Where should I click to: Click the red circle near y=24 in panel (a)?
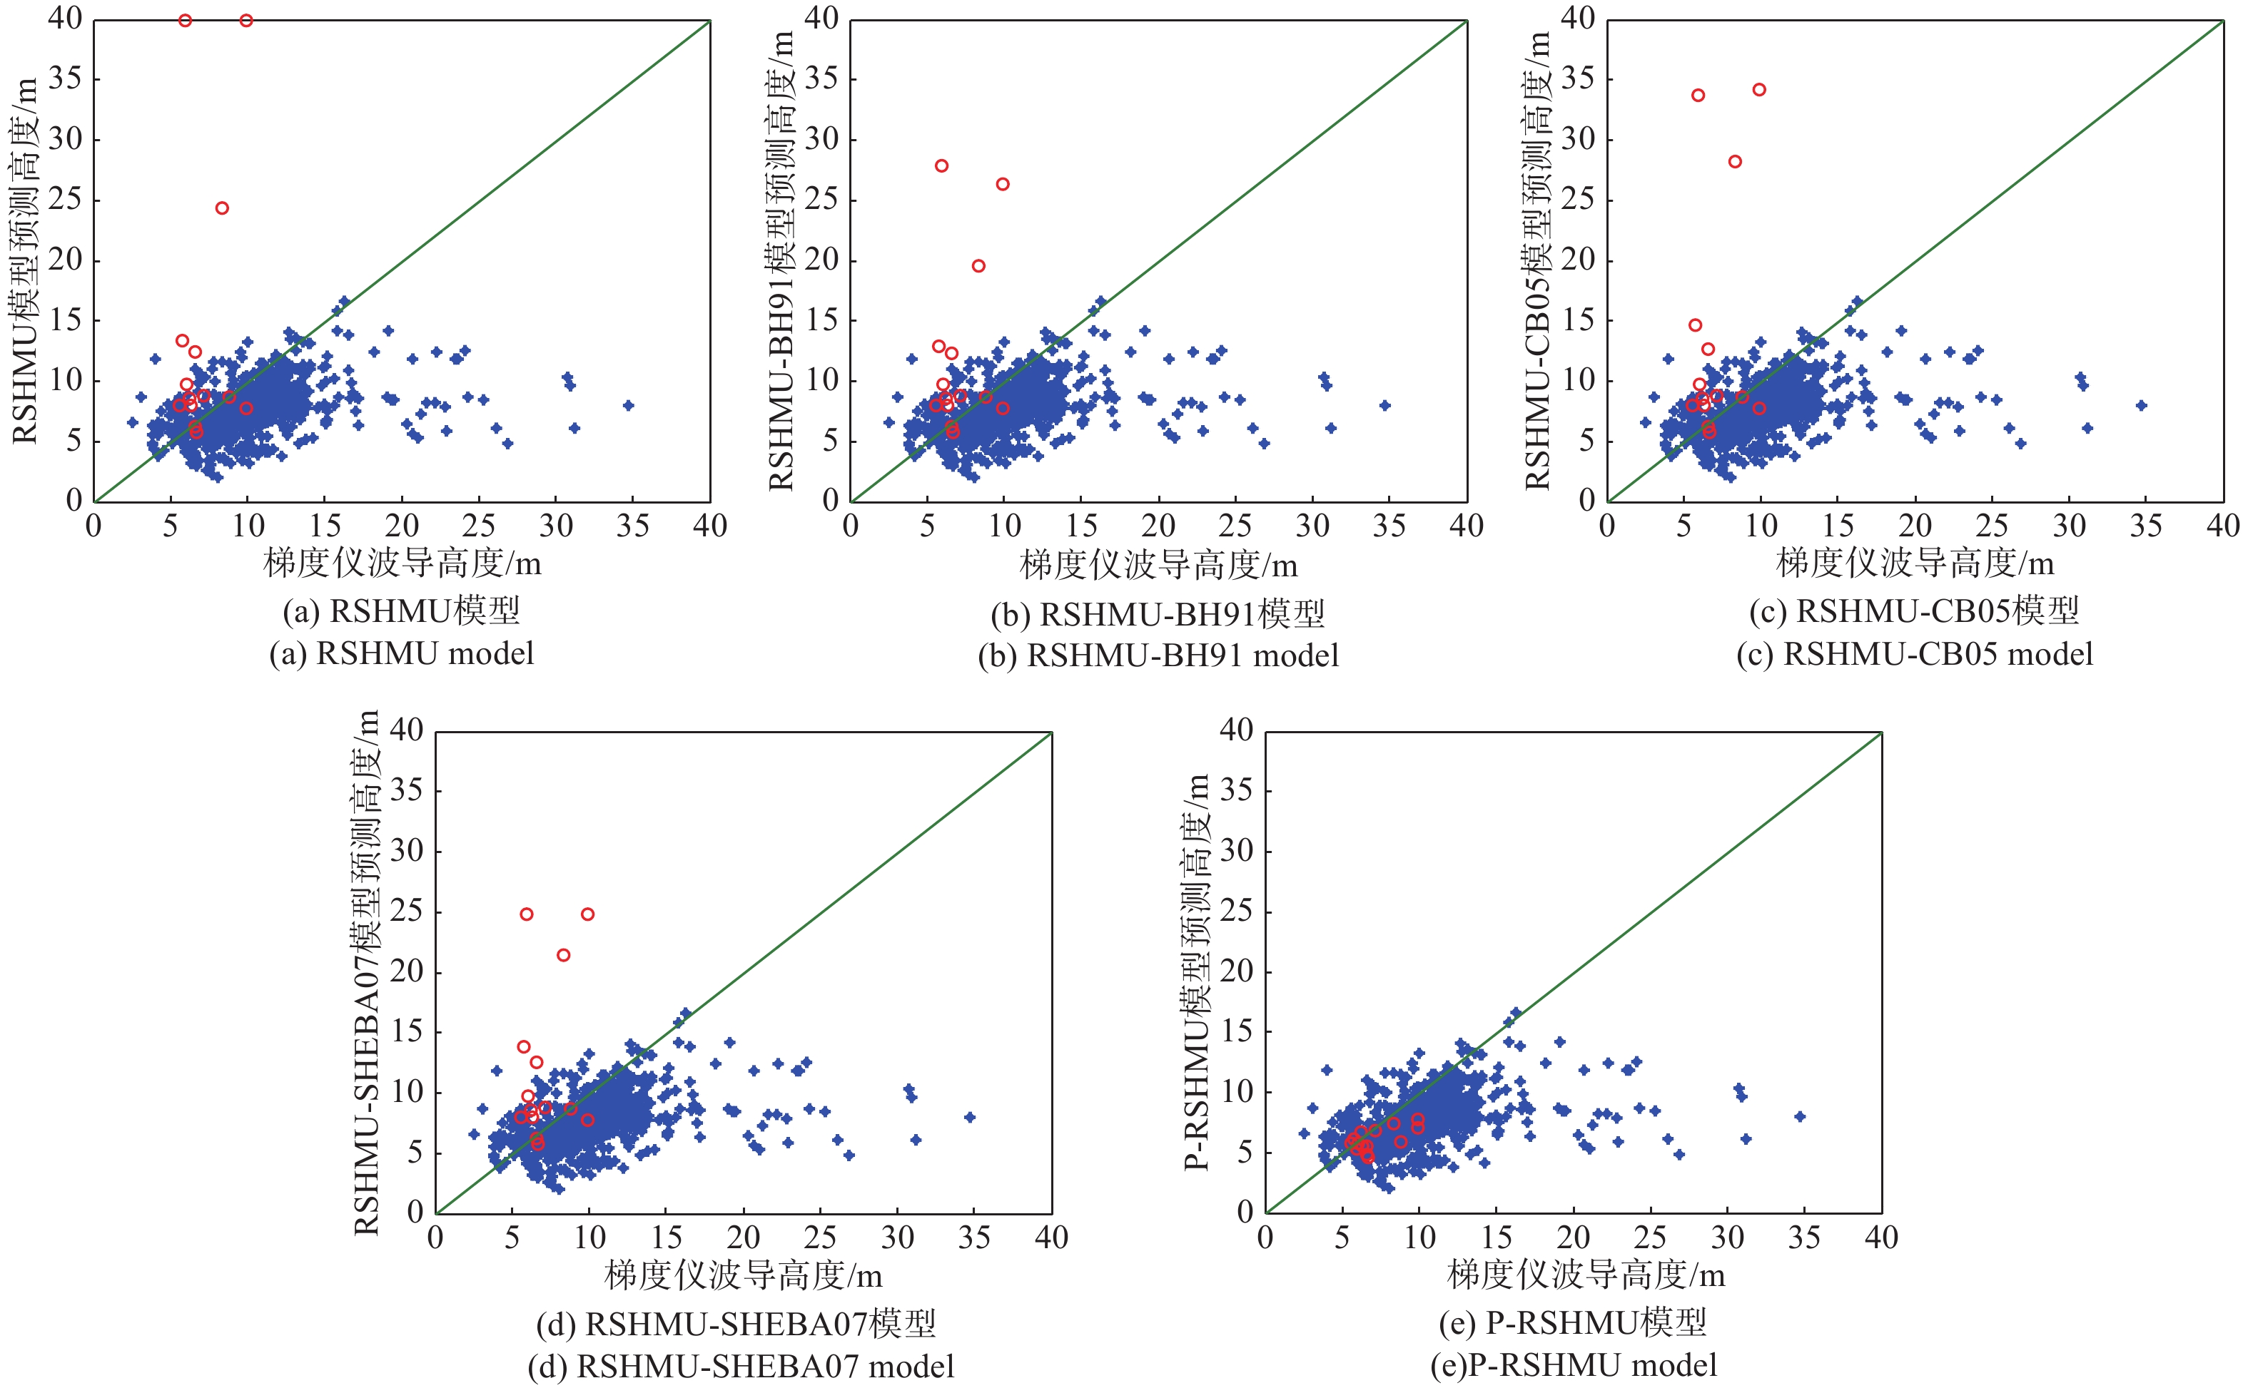221,208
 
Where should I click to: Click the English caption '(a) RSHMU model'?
401,653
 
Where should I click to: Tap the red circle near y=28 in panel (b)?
941,166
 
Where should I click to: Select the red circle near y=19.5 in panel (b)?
978,266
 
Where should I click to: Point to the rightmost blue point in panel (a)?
628,405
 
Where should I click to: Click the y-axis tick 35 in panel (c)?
1576,79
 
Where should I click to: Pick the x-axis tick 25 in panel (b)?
1235,526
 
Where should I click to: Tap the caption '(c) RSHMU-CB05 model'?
1915,653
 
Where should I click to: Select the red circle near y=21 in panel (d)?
563,956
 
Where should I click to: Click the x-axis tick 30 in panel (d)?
897,1238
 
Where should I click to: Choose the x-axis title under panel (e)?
1586,1275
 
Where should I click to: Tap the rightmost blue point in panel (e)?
1800,1117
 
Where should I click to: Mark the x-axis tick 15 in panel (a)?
325,526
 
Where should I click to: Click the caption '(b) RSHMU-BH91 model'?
1158,655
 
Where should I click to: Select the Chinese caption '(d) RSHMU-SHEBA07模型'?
736,1324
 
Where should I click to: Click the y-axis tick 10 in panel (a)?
64,381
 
